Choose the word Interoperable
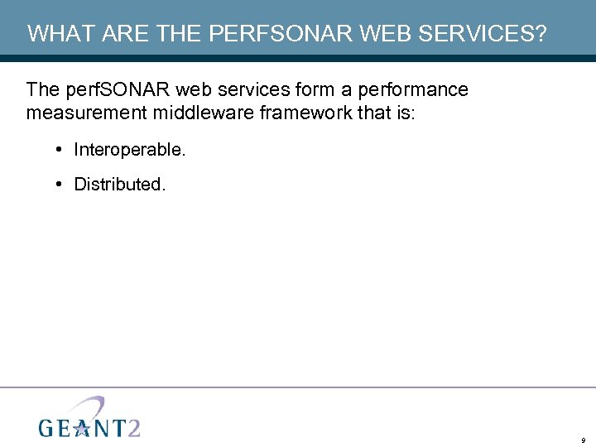(130, 150)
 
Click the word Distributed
(120, 184)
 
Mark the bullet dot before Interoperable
(60, 150)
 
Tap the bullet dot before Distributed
(60, 184)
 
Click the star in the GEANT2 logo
(81, 427)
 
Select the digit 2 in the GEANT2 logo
(133, 426)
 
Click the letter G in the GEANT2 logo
(48, 427)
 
